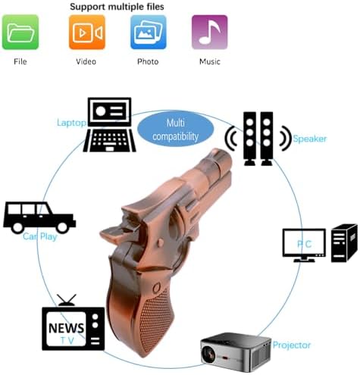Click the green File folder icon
[x=20, y=32]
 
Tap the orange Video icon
[x=87, y=32]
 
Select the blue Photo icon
[x=149, y=32]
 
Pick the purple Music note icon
[x=210, y=32]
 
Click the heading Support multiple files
[x=117, y=7]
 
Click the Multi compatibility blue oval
[x=176, y=130]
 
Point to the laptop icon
[x=109, y=125]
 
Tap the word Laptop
[x=71, y=123]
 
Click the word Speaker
[x=310, y=139]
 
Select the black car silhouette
[x=39, y=217]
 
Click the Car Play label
[x=40, y=236]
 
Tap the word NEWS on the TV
[x=67, y=328]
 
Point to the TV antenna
[x=67, y=300]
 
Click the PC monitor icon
[x=304, y=245]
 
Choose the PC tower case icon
[x=344, y=242]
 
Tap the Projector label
[x=292, y=345]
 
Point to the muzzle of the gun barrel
[x=222, y=157]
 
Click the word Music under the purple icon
[x=210, y=61]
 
